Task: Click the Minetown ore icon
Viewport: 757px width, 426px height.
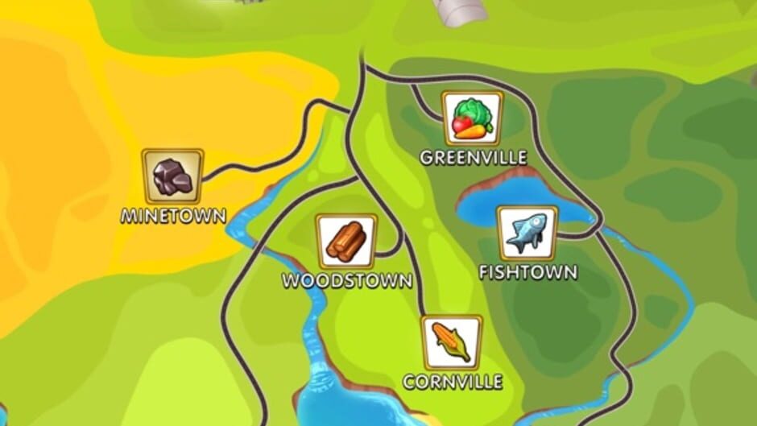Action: pyautogui.click(x=172, y=176)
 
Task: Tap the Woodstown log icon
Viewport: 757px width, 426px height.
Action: pyautogui.click(x=346, y=241)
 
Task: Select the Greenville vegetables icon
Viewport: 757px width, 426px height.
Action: pyautogui.click(x=472, y=118)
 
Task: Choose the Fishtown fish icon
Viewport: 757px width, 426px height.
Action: pyautogui.click(x=527, y=233)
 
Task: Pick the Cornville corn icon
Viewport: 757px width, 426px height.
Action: pyautogui.click(x=452, y=342)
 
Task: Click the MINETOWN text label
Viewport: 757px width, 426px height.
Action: pyautogui.click(x=173, y=216)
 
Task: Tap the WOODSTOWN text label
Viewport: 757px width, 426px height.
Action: pyautogui.click(x=346, y=281)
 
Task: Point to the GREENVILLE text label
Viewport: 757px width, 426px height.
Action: pyautogui.click(x=474, y=158)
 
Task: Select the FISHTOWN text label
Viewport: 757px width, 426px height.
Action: pyautogui.click(x=527, y=272)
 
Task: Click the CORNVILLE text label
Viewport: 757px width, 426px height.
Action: pyautogui.click(x=453, y=382)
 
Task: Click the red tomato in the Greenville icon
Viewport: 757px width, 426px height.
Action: pyautogui.click(x=462, y=125)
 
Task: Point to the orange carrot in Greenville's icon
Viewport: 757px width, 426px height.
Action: pyautogui.click(x=477, y=130)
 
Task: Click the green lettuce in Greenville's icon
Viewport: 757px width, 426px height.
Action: pyautogui.click(x=472, y=110)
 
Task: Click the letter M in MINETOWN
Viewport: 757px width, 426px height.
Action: pyautogui.click(x=129, y=216)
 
